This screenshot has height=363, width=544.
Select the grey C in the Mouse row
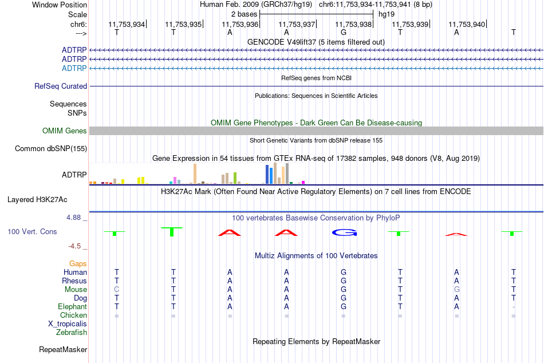pos(117,290)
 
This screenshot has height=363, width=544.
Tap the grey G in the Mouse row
pos(456,290)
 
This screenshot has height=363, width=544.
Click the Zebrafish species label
pos(72,333)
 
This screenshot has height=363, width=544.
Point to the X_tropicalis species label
pos(68,324)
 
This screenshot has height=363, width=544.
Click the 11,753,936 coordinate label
pos(240,24)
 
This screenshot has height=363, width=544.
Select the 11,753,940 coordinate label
pos(467,24)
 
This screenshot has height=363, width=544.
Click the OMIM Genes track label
pos(65,131)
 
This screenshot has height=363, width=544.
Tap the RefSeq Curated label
pos(61,86)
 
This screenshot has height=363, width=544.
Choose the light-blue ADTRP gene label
pos(74,68)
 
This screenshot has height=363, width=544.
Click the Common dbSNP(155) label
pos(51,148)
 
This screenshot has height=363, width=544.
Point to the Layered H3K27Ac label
pos(37,200)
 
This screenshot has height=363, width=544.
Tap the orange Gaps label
pos(78,264)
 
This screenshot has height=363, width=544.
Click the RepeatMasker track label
pos(63,349)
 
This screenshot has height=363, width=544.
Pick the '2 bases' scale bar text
pos(245,14)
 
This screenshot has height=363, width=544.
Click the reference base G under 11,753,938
pos(344,32)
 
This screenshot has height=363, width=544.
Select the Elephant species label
pos(73,307)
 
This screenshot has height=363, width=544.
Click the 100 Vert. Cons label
pos(32,231)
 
